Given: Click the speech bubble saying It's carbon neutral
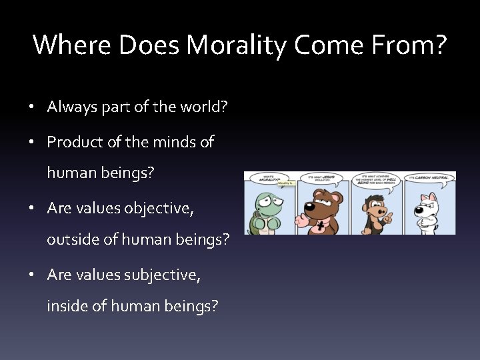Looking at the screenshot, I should click(429, 178).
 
